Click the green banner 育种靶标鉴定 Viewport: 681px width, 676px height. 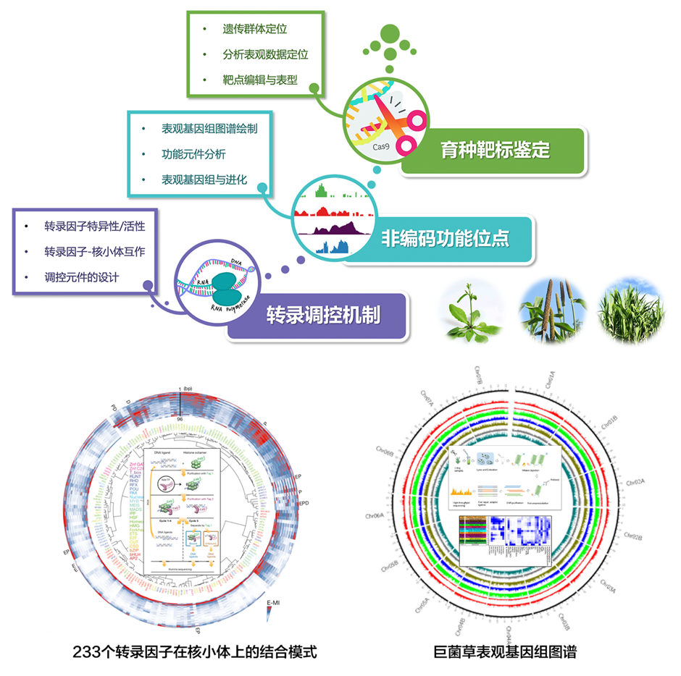(496, 151)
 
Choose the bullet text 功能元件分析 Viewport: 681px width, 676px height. (193, 154)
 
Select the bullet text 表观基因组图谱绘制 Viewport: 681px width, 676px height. (209, 129)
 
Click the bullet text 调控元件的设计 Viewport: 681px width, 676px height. (81, 277)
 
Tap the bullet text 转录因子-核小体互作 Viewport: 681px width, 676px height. (95, 252)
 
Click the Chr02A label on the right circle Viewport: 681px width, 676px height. (635, 483)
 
